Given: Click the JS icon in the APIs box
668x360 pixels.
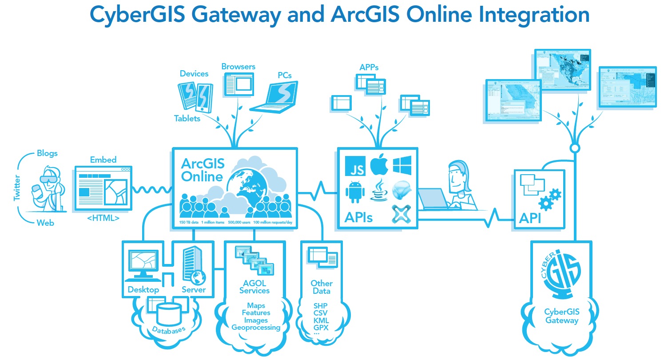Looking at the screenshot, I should [x=355, y=166].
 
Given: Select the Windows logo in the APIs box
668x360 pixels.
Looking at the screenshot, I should [x=402, y=165].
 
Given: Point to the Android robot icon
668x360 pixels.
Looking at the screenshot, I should [x=354, y=192].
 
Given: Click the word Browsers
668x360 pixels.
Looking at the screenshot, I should [x=239, y=67].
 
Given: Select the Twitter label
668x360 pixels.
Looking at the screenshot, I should [x=17, y=188].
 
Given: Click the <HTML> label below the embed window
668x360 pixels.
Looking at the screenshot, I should [x=103, y=218].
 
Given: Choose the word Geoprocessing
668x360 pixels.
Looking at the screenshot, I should [x=256, y=328].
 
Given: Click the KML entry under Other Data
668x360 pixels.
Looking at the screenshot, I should [x=321, y=320].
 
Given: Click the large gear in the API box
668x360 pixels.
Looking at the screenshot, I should [x=555, y=194].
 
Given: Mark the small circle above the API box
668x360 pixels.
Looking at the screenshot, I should [x=575, y=148].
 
